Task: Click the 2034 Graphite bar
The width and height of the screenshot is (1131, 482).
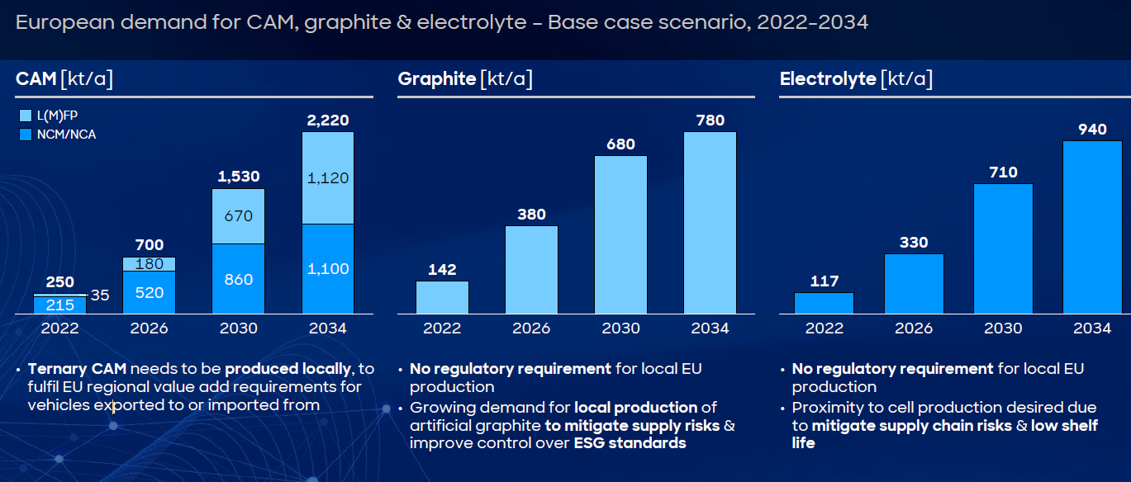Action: pos(710,223)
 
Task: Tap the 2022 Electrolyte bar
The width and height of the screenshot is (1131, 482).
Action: pos(824,303)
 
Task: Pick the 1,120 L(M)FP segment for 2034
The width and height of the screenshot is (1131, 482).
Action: pos(328,177)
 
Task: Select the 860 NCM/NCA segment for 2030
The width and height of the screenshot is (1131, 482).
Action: pos(239,279)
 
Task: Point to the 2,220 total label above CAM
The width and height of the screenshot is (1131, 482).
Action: pos(328,121)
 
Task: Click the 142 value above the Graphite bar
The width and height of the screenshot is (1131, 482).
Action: pos(442,270)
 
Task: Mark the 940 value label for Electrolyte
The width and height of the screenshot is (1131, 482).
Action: pos(1091,130)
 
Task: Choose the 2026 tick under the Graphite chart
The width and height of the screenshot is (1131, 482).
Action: pos(531,328)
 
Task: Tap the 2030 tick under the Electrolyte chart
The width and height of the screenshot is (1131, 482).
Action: pos(1002,328)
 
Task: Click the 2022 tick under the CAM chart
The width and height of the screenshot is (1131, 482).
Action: pos(60,328)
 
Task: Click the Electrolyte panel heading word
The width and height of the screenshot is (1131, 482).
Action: pos(827,79)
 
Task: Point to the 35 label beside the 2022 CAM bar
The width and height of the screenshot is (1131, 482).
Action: pos(100,295)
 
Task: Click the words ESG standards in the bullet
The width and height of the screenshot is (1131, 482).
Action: pos(630,443)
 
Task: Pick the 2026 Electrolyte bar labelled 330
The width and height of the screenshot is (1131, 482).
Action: pos(913,283)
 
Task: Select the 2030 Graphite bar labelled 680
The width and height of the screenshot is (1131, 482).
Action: pos(620,234)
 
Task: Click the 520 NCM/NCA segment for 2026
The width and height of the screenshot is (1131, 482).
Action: pos(150,292)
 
